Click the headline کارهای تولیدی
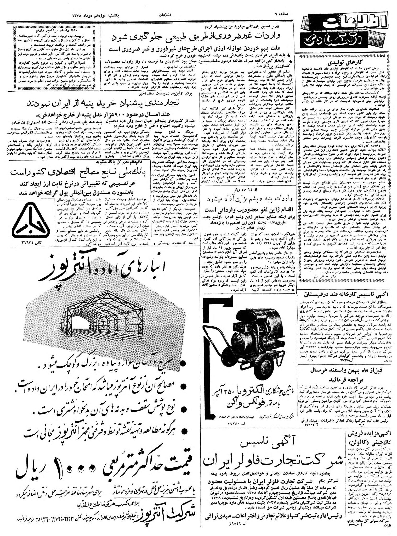pyautogui.click(x=344, y=63)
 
